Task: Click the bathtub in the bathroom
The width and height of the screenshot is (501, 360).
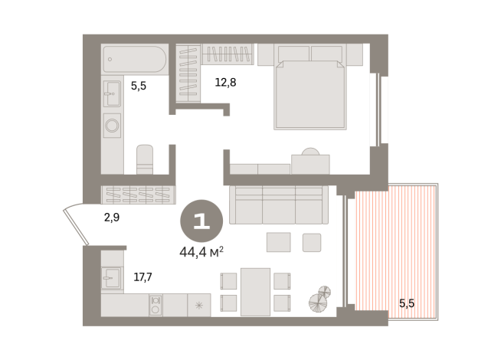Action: (135, 58)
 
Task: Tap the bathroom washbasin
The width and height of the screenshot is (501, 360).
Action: (112, 93)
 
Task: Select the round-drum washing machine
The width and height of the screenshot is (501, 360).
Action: (112, 125)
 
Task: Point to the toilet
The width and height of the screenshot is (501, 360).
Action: (146, 159)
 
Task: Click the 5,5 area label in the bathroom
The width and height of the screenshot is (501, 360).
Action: (138, 86)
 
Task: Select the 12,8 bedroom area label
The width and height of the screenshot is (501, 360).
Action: (225, 82)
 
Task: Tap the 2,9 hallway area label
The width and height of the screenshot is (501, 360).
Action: (112, 218)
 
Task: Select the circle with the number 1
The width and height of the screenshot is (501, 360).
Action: (201, 221)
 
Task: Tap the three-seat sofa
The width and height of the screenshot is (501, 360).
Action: (278, 205)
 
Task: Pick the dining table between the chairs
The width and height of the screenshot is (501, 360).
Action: (255, 291)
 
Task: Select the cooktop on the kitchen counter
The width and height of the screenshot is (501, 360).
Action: (156, 305)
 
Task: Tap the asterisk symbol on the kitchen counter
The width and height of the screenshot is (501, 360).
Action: (199, 306)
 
